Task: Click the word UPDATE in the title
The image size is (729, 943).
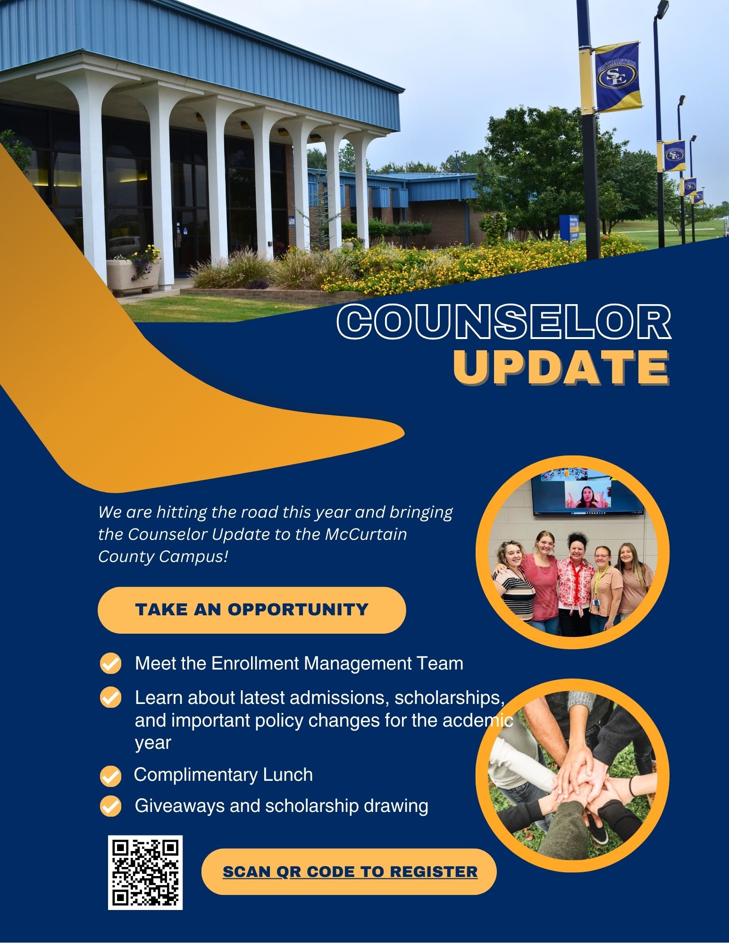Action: pos(561,367)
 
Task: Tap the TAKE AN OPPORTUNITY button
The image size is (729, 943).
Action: pos(251,610)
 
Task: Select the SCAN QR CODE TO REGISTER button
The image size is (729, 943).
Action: pos(349,872)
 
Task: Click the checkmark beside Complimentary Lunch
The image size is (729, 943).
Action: pos(111,776)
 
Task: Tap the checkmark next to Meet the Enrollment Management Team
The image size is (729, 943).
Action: pos(111,664)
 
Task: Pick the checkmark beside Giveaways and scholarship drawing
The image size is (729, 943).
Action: pos(111,806)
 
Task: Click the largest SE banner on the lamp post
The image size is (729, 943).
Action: pos(617,76)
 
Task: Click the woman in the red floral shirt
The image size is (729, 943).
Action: pos(575,585)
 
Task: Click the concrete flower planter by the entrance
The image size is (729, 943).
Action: pos(132,276)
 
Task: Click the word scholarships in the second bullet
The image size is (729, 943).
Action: pos(450,698)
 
